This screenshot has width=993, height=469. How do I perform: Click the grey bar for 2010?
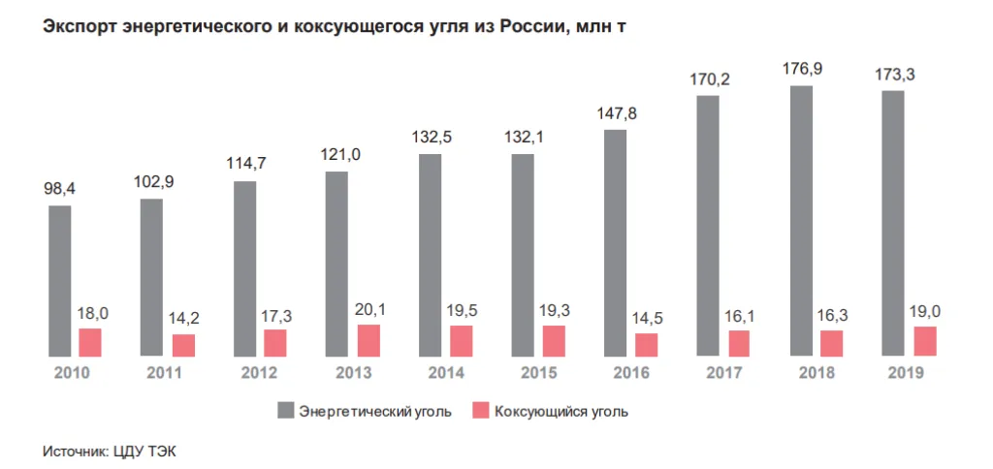(60, 281)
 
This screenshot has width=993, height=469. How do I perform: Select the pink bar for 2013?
(368, 341)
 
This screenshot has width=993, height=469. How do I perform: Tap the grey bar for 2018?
(801, 222)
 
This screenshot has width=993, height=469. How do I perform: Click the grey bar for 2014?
(431, 255)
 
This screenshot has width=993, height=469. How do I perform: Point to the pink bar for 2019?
(925, 342)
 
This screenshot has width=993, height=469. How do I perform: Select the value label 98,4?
(60, 190)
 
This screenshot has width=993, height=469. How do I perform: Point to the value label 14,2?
(184, 318)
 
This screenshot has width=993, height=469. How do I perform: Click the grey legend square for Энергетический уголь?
(284, 411)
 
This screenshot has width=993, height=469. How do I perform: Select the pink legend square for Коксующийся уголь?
(479, 411)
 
